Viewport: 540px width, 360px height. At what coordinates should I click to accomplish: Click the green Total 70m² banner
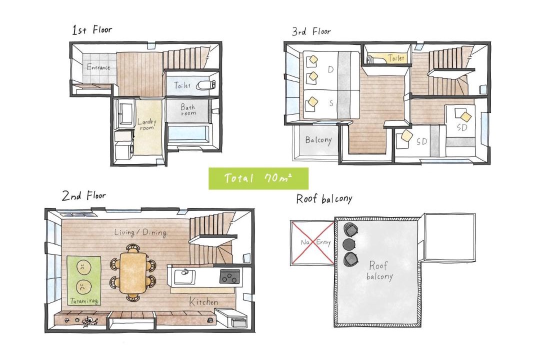258,178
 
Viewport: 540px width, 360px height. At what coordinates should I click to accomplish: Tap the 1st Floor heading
92,30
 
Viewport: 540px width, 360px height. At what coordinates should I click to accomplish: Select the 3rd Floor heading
311,31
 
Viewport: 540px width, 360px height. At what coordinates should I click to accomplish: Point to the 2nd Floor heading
83,195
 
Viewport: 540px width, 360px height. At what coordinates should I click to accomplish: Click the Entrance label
98,67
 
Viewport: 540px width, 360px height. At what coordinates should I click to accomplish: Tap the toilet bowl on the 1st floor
206,85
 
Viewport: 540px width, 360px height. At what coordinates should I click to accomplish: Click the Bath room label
188,109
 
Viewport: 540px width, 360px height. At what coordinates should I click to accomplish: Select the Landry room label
146,124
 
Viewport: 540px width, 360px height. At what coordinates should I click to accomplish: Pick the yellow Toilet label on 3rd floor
395,58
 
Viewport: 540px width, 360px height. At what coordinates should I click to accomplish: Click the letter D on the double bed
330,69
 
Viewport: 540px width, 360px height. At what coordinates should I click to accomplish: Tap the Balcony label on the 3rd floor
318,140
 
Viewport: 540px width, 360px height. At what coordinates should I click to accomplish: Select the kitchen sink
184,276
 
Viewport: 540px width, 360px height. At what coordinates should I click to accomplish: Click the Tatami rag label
84,301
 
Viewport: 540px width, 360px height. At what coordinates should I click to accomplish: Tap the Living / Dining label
140,232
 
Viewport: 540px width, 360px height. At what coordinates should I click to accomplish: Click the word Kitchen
204,302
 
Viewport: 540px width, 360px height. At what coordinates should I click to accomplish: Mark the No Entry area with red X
312,242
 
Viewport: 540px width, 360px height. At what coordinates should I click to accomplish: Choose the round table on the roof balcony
349,244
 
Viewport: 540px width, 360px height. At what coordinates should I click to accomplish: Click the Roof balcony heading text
324,199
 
